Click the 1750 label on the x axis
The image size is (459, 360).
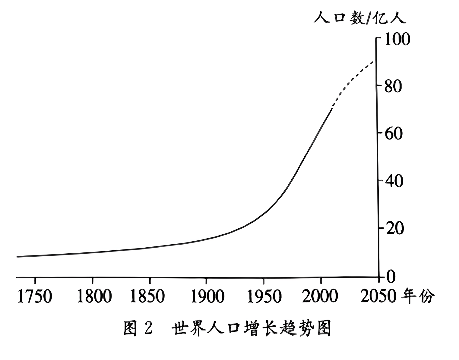pyautogui.click(x=35, y=296)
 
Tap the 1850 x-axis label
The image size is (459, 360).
pyautogui.click(x=147, y=296)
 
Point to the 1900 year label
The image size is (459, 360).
pyautogui.click(x=208, y=296)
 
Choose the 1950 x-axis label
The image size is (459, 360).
pyautogui.click(x=264, y=296)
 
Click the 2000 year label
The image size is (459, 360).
pyautogui.click(x=320, y=296)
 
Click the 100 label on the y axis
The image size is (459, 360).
pyautogui.click(x=397, y=39)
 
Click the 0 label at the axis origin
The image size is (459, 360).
pyautogui.click(x=390, y=277)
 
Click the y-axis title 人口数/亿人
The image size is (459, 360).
pyautogui.click(x=360, y=18)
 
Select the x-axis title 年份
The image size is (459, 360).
pyautogui.click(x=418, y=296)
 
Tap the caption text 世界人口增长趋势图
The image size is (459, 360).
pyautogui.click(x=252, y=328)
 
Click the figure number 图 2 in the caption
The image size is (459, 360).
pyautogui.click(x=138, y=328)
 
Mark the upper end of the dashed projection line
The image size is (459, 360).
pyautogui.click(x=374, y=61)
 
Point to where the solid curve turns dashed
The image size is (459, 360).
pyautogui.click(x=332, y=108)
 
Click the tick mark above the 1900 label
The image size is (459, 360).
pyautogui.click(x=206, y=280)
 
